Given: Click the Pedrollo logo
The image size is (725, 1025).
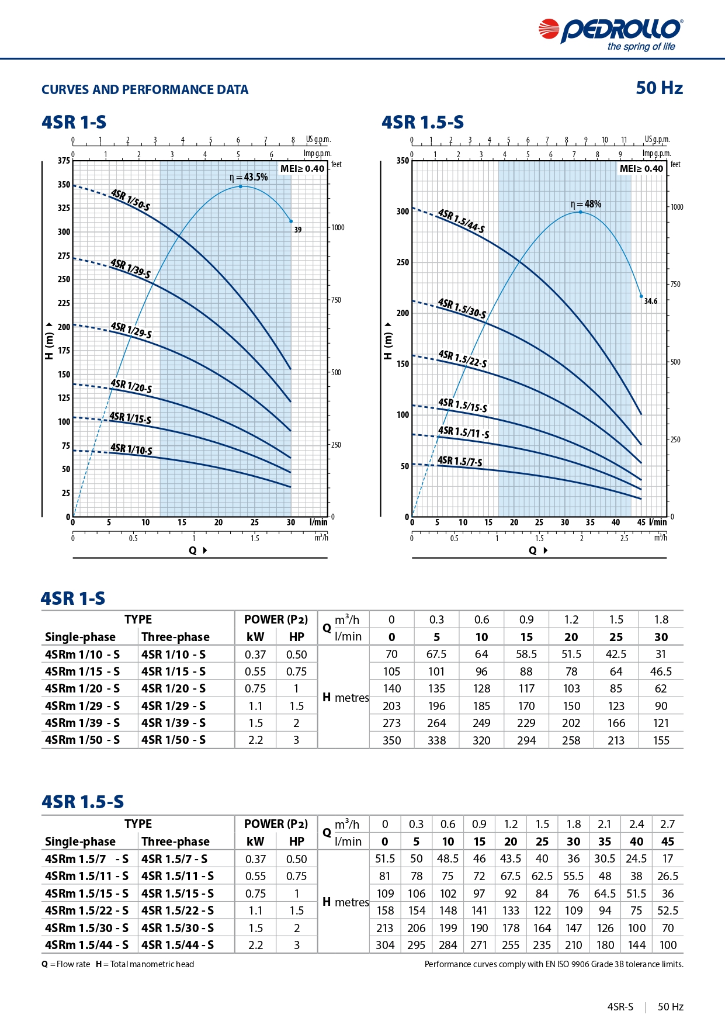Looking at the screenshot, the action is coord(610,34).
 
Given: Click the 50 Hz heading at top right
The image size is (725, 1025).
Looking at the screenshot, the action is coord(660,88).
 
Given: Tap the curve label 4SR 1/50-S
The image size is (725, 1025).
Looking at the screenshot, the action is coord(130,200).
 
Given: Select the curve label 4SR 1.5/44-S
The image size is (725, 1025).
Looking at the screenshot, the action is coord(461,221).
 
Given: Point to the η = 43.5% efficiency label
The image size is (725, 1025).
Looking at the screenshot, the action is coord(248,177).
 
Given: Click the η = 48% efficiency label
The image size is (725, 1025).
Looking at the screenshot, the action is coord(586,204).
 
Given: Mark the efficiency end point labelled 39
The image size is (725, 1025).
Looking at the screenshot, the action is coord(291,221).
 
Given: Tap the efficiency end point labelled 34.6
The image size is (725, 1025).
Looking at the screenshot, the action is coord(641,297).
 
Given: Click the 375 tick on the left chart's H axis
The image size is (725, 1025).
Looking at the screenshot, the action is coord(64,160).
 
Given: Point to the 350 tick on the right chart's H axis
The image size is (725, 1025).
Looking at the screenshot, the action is coord(403,161).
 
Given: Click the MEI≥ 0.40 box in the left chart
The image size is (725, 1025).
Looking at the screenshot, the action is coord(302,168).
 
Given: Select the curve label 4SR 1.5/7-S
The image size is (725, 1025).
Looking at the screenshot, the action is coord(460,461).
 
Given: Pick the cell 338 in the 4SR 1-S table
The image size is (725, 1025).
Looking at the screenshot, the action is coord(436,740).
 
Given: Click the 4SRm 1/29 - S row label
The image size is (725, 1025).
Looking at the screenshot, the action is coord(82,706).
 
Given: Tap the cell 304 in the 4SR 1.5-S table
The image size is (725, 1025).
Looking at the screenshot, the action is coord(385,945).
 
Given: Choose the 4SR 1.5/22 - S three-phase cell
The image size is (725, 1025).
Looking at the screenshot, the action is coord(178,910).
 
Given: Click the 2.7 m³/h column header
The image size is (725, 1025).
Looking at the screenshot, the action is coord(667,824).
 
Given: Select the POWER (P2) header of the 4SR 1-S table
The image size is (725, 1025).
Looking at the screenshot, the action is coord(276,619).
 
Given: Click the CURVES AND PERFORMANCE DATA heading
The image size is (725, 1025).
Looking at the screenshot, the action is coord(145,89).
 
